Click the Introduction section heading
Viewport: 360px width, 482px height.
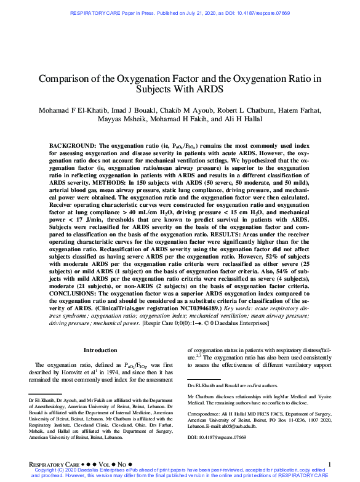pos(100,350)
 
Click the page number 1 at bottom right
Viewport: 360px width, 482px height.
pos(330,464)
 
